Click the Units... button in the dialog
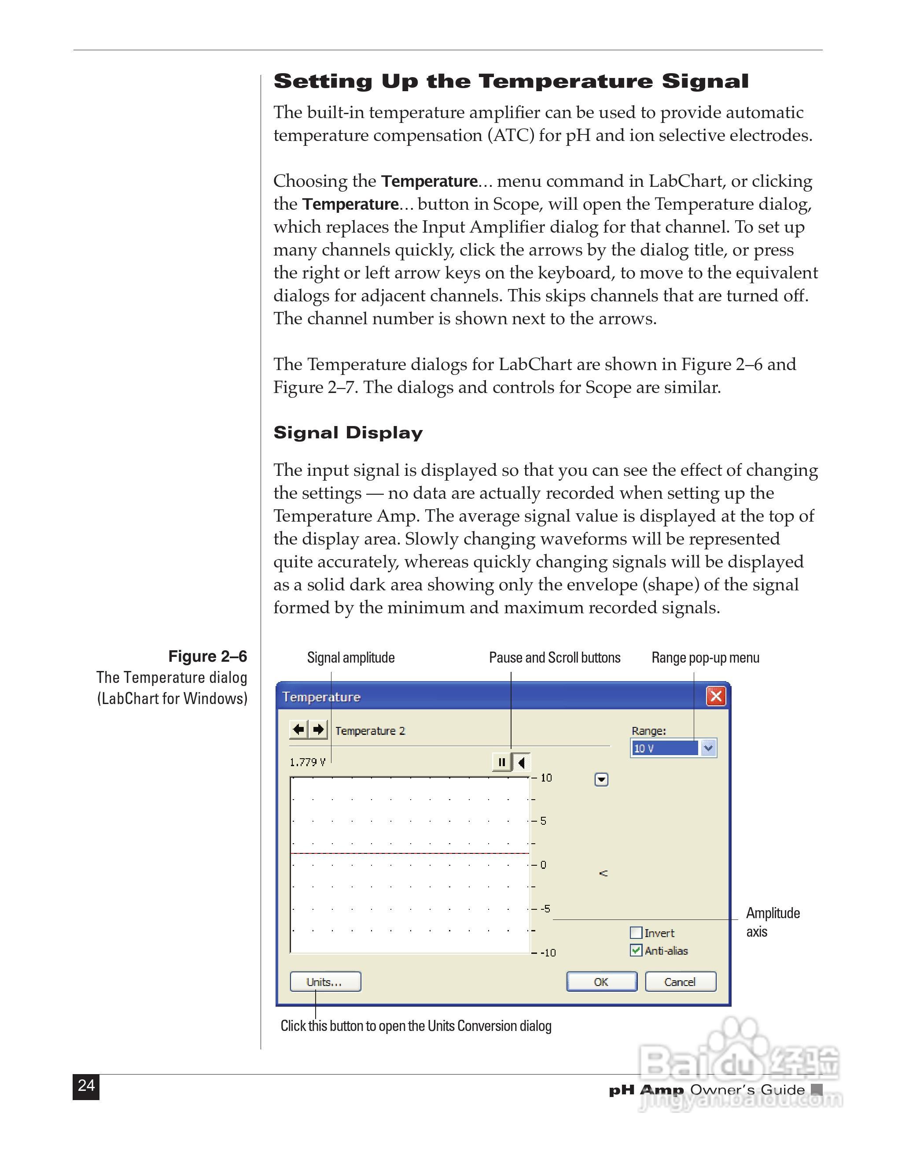tap(325, 982)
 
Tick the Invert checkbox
tap(636, 933)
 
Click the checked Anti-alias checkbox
tap(636, 951)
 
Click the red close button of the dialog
tap(716, 696)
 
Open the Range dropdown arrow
tap(708, 748)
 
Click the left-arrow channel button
tap(298, 730)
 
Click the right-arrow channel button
tap(318, 730)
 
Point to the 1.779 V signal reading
tap(308, 762)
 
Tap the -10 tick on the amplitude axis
tap(548, 953)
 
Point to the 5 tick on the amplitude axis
tap(543, 821)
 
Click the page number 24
tap(86, 1086)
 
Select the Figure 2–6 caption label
tap(208, 656)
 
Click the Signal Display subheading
tap(348, 433)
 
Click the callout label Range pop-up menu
tap(705, 658)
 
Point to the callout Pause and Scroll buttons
tap(555, 658)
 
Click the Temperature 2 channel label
tap(370, 731)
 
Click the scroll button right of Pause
tap(522, 762)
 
